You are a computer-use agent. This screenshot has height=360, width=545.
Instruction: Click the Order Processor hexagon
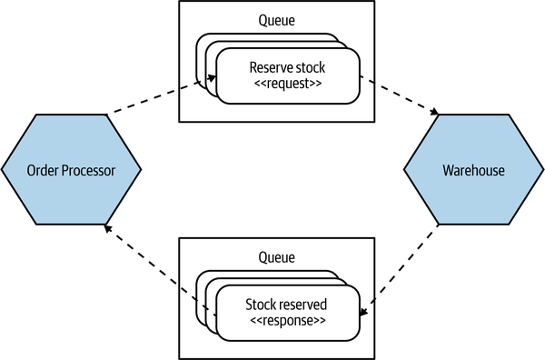(71, 169)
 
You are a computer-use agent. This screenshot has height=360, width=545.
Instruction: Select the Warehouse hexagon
(473, 169)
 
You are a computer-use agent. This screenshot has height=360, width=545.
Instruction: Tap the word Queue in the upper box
(277, 20)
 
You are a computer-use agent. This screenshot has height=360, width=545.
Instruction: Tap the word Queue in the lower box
(277, 257)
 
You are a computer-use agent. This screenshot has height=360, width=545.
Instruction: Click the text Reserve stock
(287, 67)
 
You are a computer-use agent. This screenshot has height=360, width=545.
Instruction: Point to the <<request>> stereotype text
(288, 84)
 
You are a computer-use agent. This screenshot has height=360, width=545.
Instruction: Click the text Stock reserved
(286, 305)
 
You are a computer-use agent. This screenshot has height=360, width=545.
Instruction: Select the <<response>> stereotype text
(288, 320)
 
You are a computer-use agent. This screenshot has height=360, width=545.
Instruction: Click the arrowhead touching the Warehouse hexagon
(434, 112)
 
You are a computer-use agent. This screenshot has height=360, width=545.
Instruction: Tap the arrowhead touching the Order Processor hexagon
(108, 228)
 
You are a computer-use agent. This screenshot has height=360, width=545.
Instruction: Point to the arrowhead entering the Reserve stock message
(212, 78)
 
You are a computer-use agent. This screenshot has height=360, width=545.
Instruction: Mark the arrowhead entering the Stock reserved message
(363, 312)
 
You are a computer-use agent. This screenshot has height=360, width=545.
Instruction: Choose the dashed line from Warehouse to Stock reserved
(399, 271)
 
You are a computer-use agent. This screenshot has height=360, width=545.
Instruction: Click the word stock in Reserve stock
(310, 67)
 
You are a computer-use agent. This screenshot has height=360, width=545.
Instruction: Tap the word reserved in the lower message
(302, 305)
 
